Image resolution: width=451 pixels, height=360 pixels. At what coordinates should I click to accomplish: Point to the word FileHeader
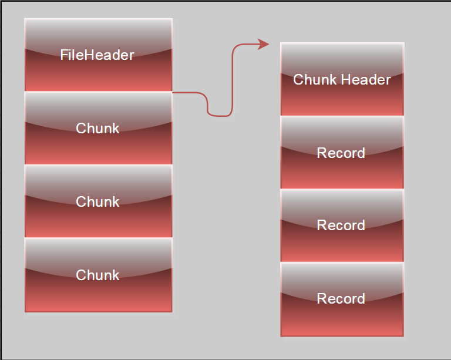[x=97, y=55]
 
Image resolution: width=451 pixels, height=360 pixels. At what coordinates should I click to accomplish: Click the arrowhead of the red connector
[x=264, y=44]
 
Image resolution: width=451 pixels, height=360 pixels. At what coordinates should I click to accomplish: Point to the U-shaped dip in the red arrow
[x=219, y=115]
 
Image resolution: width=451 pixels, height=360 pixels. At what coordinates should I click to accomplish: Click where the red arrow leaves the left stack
[x=174, y=93]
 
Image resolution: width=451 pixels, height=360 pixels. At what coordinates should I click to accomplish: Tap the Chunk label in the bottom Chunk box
[x=97, y=275]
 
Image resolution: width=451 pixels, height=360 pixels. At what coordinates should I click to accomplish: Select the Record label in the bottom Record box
[x=341, y=298]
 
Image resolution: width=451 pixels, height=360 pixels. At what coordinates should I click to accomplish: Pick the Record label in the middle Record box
[x=341, y=225]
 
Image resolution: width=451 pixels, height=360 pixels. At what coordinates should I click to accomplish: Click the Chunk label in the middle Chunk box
[x=97, y=201]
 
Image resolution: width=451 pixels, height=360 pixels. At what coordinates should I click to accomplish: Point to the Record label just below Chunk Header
[x=341, y=153]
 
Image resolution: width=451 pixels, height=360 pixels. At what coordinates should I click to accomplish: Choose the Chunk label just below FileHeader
[x=97, y=128]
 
